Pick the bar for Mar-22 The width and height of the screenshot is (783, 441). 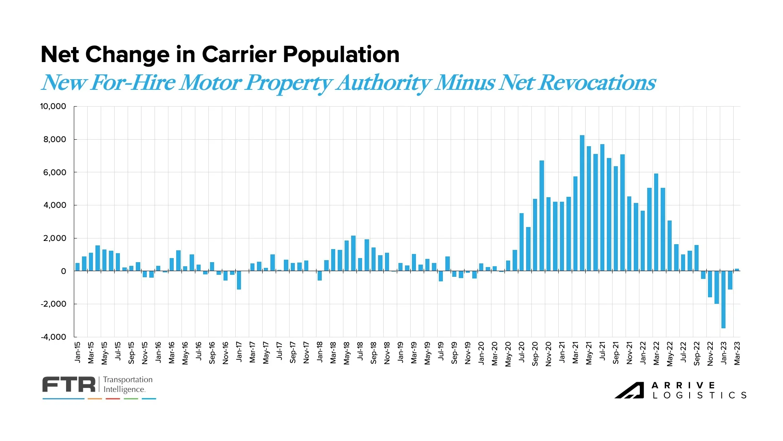point(656,222)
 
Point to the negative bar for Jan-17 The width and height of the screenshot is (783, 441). point(239,280)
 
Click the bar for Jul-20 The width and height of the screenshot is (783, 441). point(521,242)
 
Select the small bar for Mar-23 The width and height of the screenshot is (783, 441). point(737,270)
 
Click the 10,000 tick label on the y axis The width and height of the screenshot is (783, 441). point(53,107)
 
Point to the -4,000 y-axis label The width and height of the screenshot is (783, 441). point(53,337)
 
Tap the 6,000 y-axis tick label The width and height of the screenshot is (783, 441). point(55,172)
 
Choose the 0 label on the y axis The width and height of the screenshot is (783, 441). point(63,271)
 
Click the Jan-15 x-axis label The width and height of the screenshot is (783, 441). point(77,352)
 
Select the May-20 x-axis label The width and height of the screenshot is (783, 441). point(508,354)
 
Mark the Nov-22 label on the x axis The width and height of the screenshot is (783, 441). point(710,354)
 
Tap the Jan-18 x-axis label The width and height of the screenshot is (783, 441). point(320,352)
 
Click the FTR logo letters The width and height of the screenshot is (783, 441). point(69,385)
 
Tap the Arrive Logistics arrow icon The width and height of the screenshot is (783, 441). point(629,390)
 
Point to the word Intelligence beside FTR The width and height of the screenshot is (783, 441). point(124,390)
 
